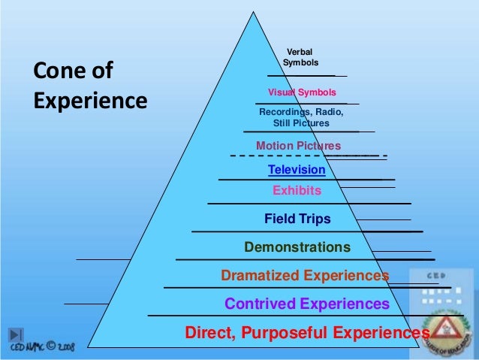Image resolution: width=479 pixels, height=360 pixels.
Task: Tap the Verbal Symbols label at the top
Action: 300,56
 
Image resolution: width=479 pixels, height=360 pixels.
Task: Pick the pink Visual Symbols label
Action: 297,92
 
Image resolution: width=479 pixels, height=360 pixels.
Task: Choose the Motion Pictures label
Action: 298,146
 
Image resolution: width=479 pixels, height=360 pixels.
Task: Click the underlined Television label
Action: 297,170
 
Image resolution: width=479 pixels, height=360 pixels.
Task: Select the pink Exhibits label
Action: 297,191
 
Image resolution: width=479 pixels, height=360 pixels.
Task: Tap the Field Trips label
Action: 297,219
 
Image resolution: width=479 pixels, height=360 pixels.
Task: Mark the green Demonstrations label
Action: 297,247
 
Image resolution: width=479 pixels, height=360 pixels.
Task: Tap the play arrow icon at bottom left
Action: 17,334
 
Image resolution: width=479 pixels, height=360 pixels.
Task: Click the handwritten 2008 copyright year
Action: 65,349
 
